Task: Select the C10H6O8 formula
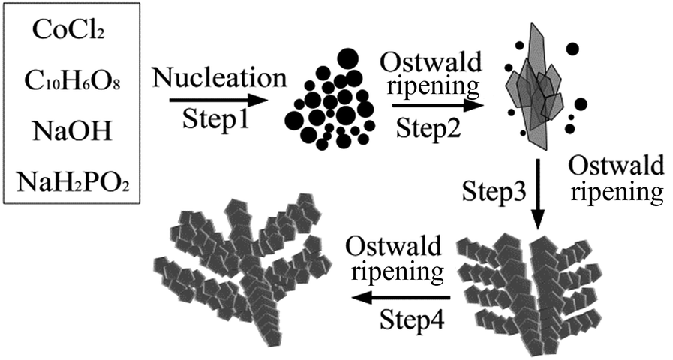[72, 81]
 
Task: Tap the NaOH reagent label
[72, 130]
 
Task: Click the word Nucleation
[219, 78]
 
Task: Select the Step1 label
[215, 119]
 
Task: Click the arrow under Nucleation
[218, 100]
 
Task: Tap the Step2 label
[428, 127]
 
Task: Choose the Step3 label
[494, 191]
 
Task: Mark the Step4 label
[413, 319]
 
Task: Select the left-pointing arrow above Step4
[401, 297]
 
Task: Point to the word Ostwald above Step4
[394, 247]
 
